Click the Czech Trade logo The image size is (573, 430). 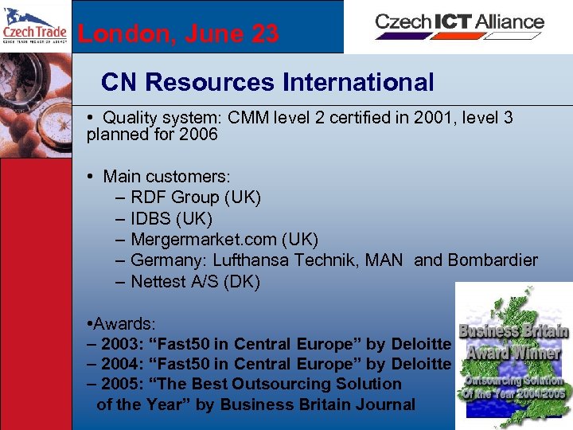coord(34,26)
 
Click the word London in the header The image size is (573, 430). coord(119,33)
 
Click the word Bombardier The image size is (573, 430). coord(493,260)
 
